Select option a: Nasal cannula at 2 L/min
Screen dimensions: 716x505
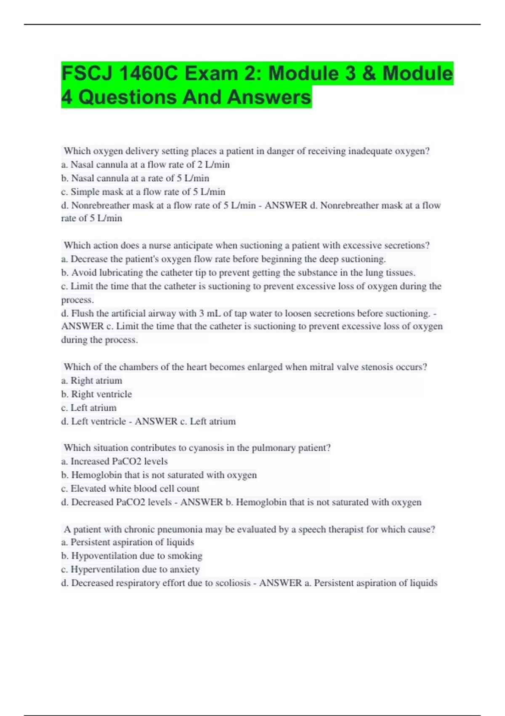145,165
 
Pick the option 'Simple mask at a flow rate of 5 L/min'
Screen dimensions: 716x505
143,192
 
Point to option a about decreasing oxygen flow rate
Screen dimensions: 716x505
223,259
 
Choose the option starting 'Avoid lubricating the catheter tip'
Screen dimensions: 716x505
238,273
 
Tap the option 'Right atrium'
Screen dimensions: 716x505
92,381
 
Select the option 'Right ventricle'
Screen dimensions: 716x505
96,394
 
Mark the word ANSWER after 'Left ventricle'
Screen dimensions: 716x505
156,422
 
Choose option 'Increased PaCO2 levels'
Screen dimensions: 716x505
114,462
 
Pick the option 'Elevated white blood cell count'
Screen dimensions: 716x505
130,489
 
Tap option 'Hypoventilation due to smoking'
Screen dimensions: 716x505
132,556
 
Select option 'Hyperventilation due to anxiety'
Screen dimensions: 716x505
130,569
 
